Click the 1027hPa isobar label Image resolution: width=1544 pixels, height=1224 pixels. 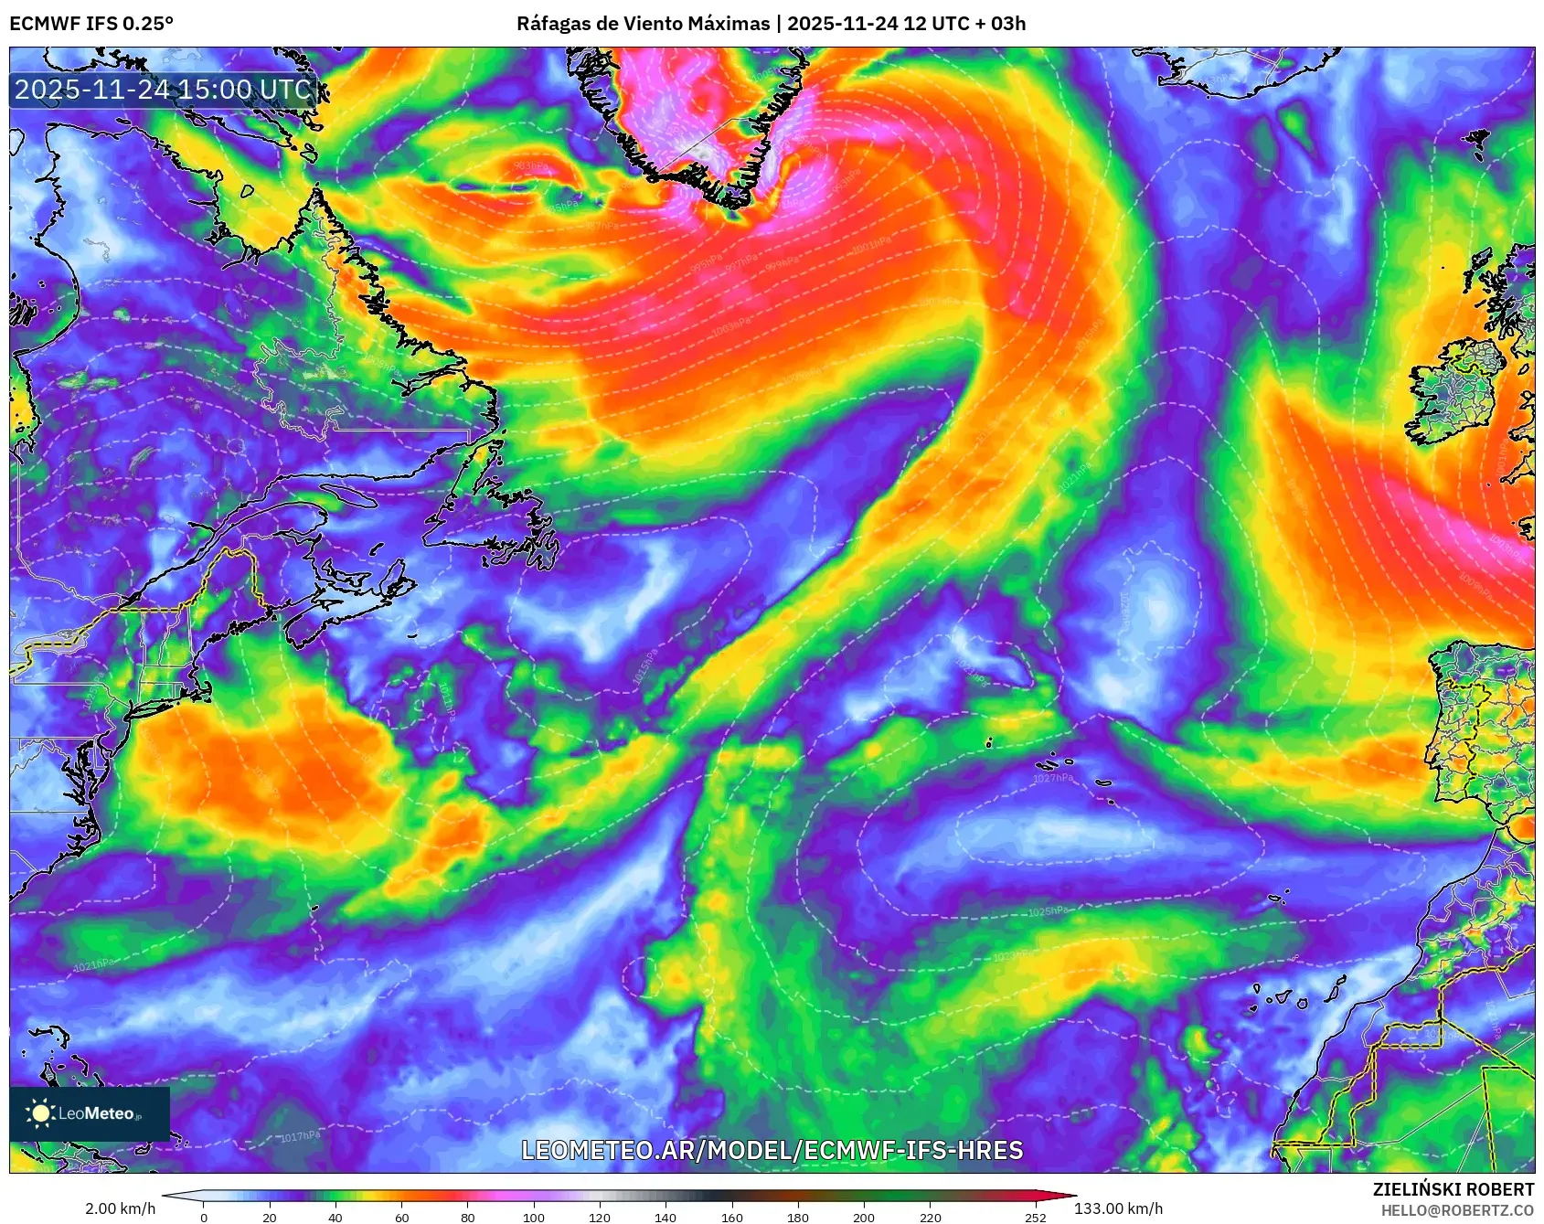coord(1053,778)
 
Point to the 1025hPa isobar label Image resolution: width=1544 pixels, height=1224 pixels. coord(1048,911)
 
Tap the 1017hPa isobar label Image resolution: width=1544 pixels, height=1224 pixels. coord(300,1136)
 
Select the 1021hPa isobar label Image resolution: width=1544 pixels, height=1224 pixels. coord(93,965)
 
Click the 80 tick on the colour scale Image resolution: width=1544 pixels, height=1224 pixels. coord(467,1217)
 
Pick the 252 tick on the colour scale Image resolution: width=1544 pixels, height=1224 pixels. coord(1035,1217)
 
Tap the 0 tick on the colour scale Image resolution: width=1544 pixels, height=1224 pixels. coord(203,1217)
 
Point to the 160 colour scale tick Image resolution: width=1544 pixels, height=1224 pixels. coord(731,1217)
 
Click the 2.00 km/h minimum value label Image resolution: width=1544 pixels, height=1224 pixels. coord(120,1208)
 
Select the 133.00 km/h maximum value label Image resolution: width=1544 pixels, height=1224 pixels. coord(1118,1208)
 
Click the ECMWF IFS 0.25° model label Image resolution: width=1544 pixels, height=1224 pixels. coord(91,24)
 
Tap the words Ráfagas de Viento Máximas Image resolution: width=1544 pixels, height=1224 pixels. coord(643,24)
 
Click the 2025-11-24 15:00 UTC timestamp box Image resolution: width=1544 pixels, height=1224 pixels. coord(164,90)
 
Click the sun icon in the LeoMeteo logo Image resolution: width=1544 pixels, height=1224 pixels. coord(40,1112)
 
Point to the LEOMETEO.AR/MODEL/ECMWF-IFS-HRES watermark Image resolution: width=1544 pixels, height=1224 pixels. coord(772,1150)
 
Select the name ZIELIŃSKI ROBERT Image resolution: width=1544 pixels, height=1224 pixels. coord(1453,1189)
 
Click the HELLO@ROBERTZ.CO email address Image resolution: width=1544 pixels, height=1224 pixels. coord(1456,1210)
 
